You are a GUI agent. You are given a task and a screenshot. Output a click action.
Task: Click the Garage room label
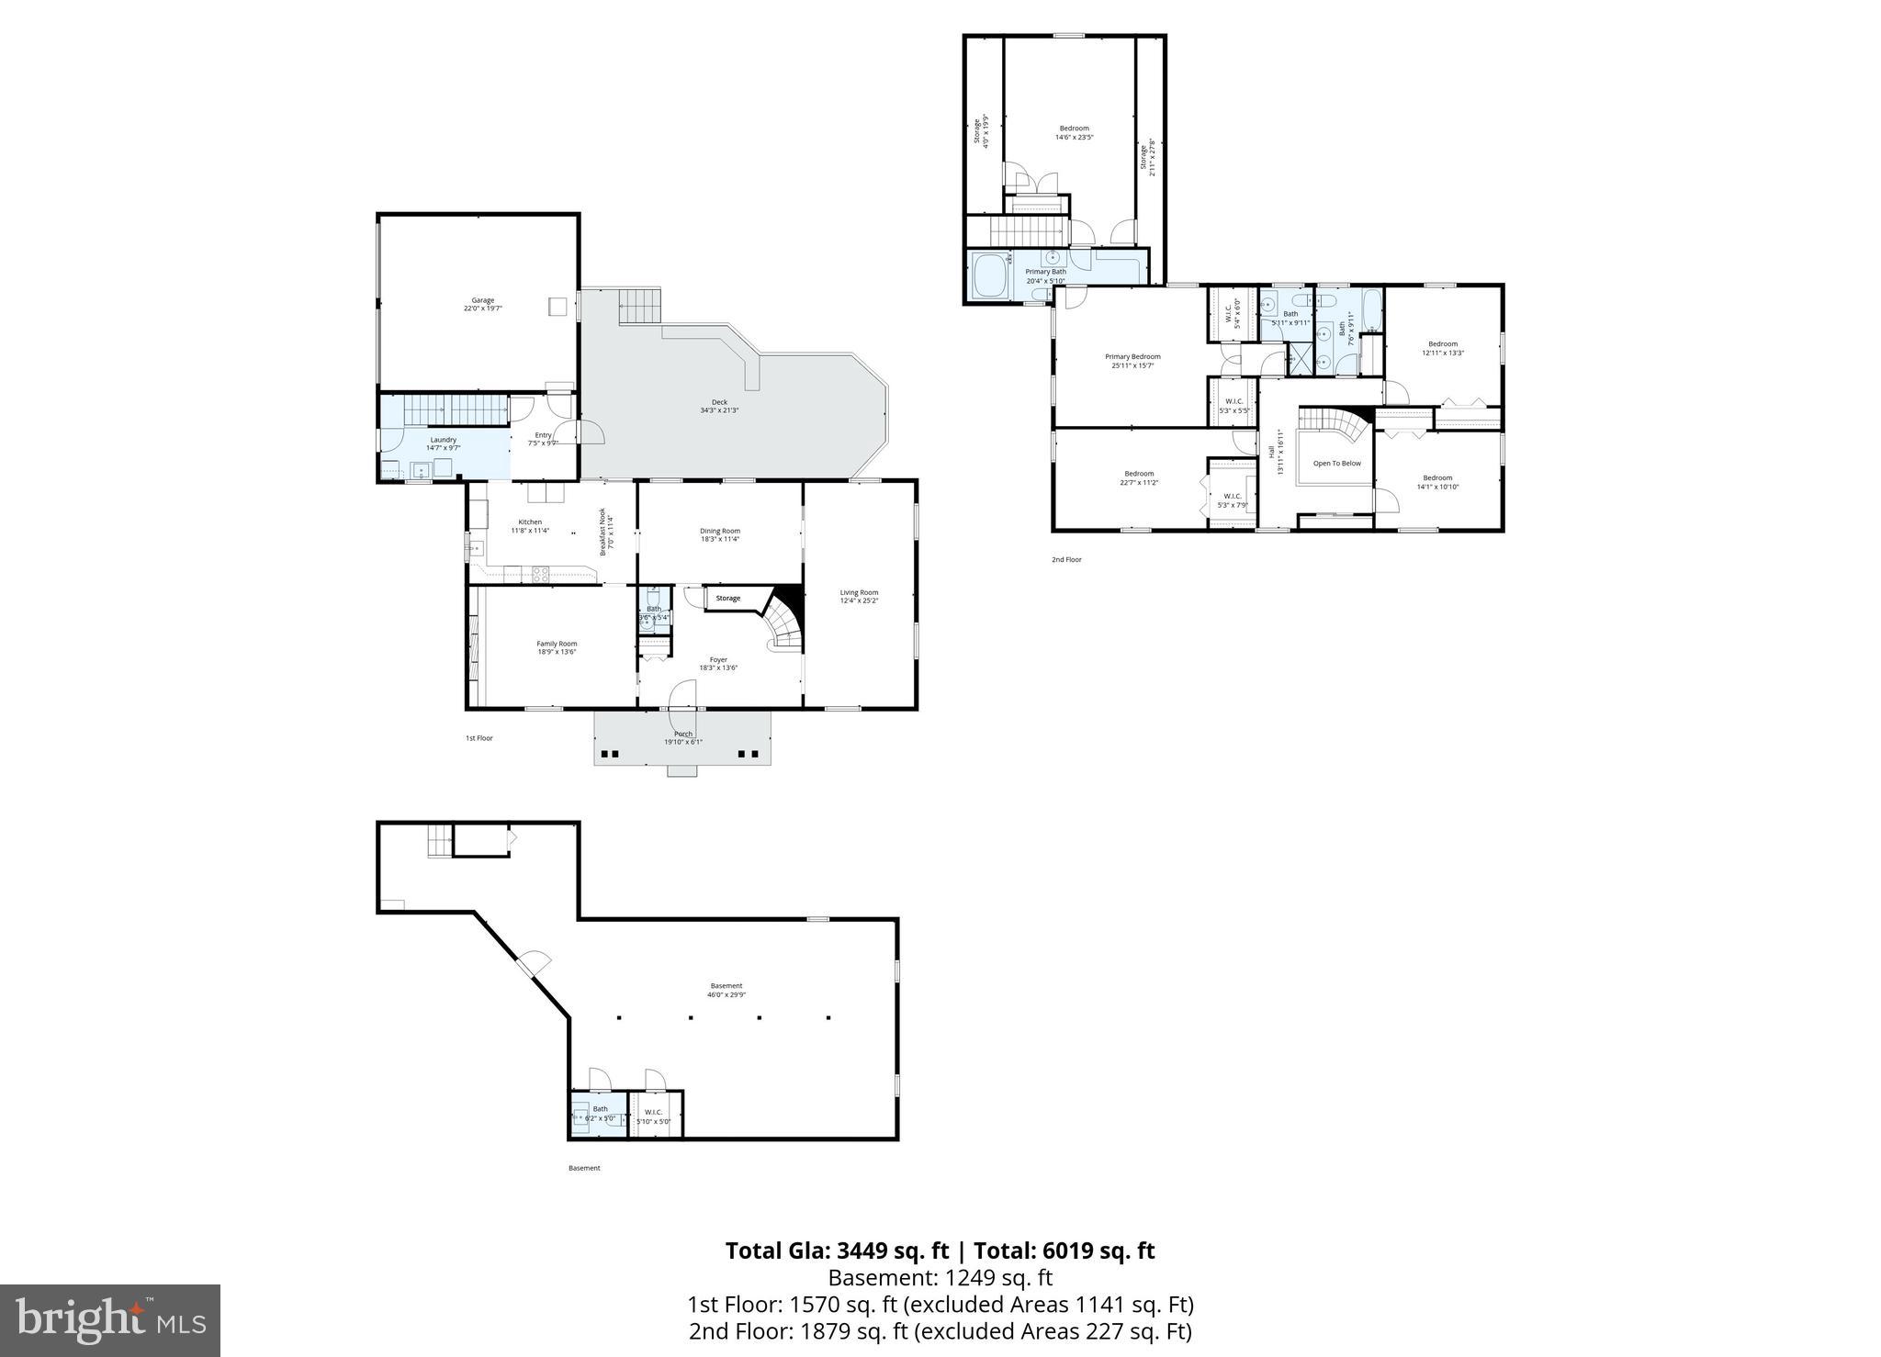click(482, 304)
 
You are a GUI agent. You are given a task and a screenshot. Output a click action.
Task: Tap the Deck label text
click(719, 406)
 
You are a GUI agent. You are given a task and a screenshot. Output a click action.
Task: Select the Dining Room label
click(719, 534)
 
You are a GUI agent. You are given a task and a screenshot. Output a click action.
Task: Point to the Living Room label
click(859, 596)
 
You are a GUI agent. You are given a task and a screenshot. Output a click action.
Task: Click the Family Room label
click(557, 647)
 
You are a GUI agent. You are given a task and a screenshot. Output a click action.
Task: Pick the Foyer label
click(718, 663)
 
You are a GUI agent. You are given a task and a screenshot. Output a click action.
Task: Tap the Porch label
click(682, 737)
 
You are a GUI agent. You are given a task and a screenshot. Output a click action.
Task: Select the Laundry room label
click(443, 443)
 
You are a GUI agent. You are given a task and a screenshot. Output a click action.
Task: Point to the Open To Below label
click(1336, 464)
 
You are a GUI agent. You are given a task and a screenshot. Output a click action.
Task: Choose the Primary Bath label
click(1045, 275)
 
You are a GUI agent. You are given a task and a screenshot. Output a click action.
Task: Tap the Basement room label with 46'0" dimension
click(726, 990)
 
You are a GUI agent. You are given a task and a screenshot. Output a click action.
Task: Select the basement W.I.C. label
click(653, 1116)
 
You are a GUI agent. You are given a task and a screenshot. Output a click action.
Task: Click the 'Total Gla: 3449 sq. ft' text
click(837, 1250)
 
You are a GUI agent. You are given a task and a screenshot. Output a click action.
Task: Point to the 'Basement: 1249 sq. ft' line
click(940, 1278)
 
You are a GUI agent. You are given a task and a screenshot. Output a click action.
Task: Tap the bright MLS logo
click(110, 1320)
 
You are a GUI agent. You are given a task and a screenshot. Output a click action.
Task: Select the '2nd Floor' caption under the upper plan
click(1066, 559)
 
